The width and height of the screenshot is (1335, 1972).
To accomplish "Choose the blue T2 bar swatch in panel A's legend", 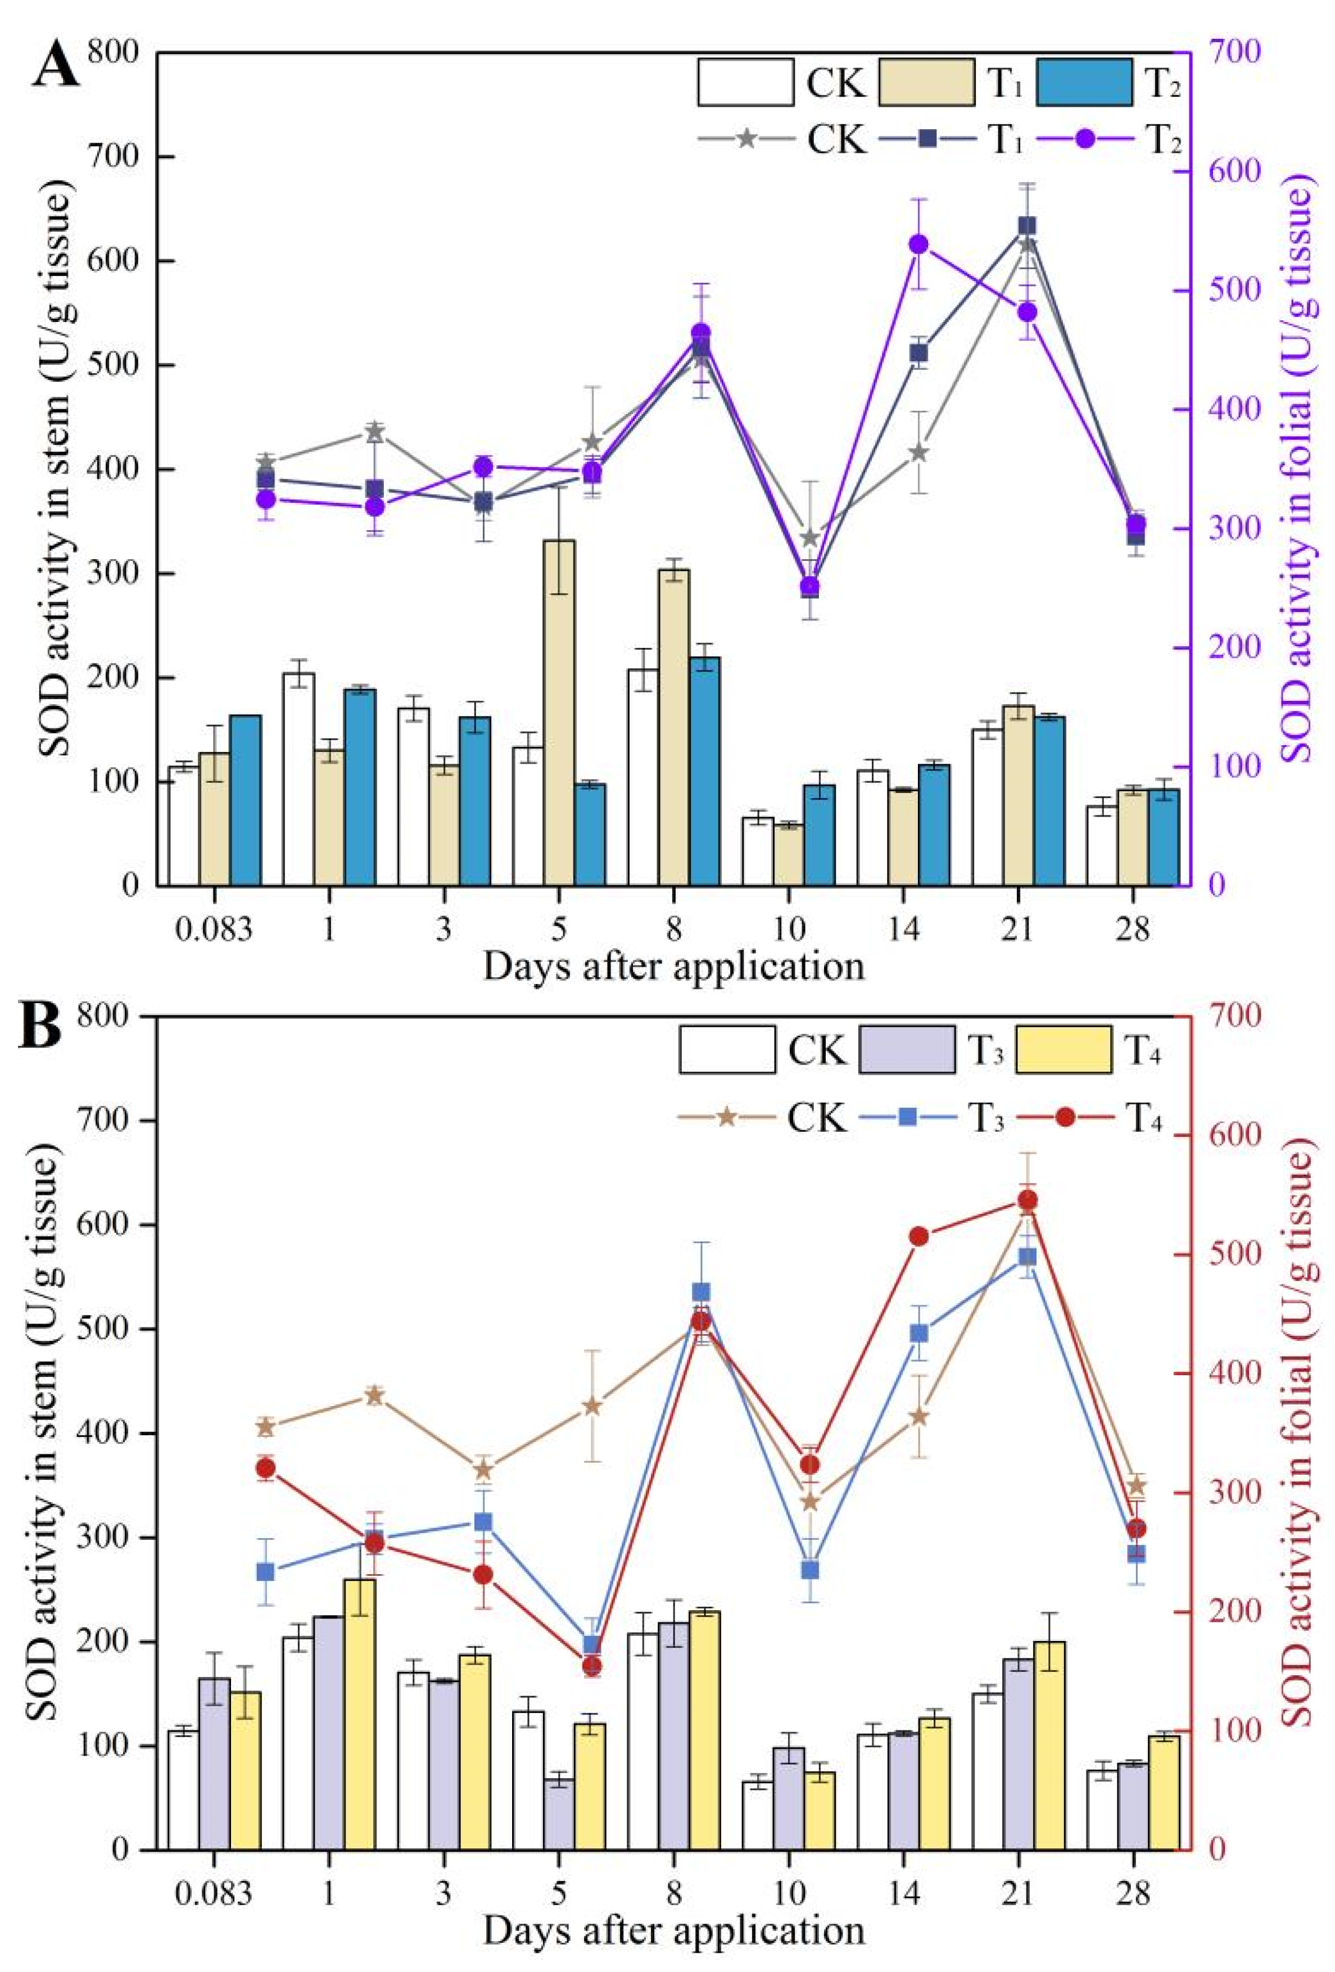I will pyautogui.click(x=1084, y=82).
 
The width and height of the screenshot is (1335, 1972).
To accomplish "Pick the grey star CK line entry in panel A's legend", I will pyautogui.click(x=745, y=138).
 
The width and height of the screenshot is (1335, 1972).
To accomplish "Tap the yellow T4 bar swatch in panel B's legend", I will pyautogui.click(x=1064, y=1050).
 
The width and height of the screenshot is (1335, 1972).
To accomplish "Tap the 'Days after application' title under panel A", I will pyautogui.click(x=673, y=967).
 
